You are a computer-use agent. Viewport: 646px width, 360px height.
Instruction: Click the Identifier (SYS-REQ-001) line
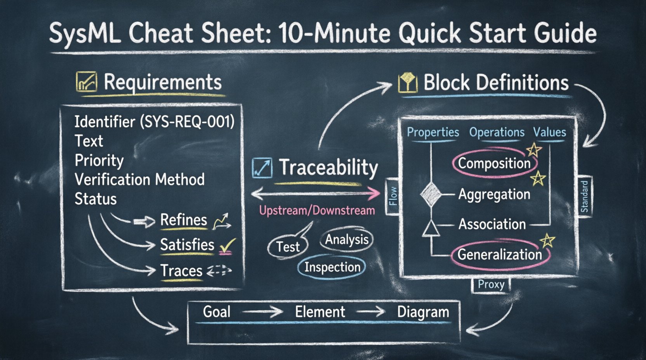tap(155, 122)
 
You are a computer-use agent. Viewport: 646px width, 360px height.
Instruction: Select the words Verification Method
tap(139, 180)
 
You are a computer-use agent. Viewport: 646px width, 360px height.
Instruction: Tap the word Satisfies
tap(187, 245)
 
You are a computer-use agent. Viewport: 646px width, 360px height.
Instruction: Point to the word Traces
tap(181, 270)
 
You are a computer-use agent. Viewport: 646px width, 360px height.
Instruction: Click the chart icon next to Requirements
tap(86, 82)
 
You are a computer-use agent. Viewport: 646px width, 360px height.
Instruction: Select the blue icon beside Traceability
tap(262, 168)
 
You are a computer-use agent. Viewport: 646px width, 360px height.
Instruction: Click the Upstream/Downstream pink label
tap(317, 211)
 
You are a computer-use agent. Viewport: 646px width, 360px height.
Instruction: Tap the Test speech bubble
tap(288, 246)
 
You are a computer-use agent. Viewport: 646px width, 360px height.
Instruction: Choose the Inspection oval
tap(332, 267)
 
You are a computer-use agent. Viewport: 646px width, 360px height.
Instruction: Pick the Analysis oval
tap(346, 240)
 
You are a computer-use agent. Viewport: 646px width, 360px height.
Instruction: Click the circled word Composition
tap(494, 163)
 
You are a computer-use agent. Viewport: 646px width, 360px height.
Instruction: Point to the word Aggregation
tap(494, 194)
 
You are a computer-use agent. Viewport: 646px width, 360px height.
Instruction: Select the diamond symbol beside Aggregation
tap(431, 194)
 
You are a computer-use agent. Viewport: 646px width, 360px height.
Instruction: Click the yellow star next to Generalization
tap(547, 241)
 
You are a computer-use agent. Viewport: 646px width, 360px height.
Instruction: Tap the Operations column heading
tap(497, 132)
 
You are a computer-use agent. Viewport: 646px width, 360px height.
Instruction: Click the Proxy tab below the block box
tap(491, 285)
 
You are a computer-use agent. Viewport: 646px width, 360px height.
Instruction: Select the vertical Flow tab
tap(393, 196)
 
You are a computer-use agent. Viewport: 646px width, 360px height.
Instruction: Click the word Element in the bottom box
tap(320, 312)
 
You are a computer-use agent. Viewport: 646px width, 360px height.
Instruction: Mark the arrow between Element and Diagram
tap(370, 312)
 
